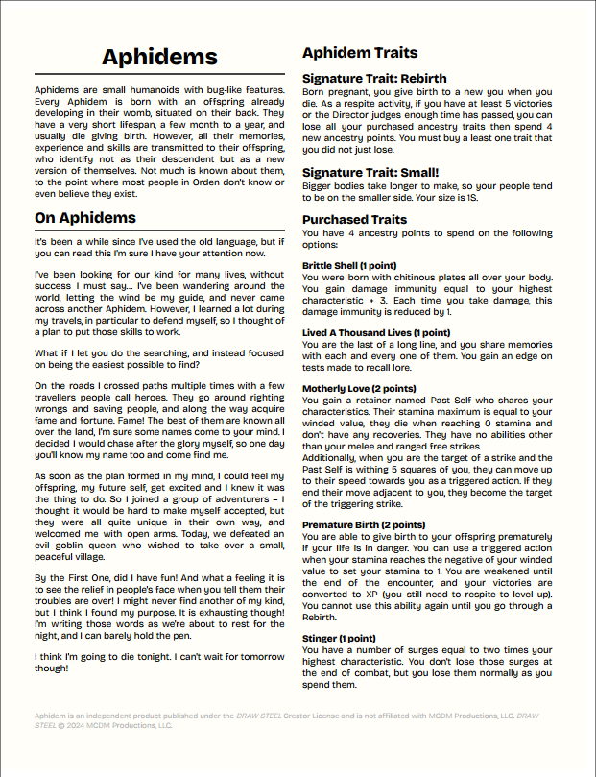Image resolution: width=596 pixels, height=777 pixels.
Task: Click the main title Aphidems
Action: click(160, 59)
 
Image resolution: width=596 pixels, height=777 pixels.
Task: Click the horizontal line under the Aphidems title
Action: click(160, 75)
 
